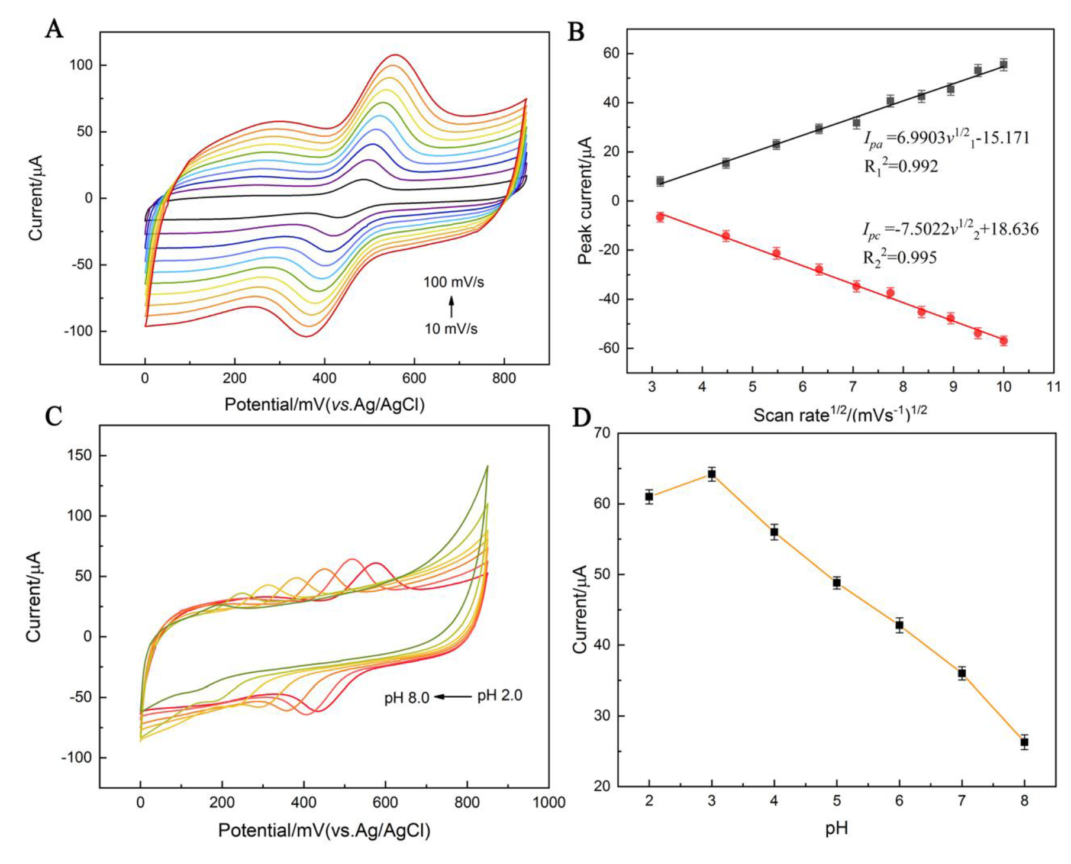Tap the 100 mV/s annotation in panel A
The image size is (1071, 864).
pos(453,282)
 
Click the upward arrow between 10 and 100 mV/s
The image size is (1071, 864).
pos(451,307)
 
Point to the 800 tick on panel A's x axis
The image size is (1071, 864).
pos(504,378)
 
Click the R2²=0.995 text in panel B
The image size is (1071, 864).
pos(900,258)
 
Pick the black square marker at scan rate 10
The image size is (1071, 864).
pos(1004,65)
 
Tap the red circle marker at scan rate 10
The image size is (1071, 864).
pos(1004,341)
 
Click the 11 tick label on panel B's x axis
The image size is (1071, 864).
pos(1053,388)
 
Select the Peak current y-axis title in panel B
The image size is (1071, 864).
pos(585,201)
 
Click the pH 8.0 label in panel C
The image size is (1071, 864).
pos(407,698)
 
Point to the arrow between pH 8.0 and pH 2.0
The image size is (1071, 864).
pos(453,697)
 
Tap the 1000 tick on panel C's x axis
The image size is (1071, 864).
pos(549,802)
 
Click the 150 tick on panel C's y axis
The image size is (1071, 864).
pos(79,455)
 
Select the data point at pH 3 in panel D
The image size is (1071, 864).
pos(712,473)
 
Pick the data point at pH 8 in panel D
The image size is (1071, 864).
pos(1024,742)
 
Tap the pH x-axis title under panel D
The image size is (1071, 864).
pos(836,828)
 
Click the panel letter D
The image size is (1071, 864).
pos(582,418)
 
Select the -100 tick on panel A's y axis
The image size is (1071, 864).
pos(78,331)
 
